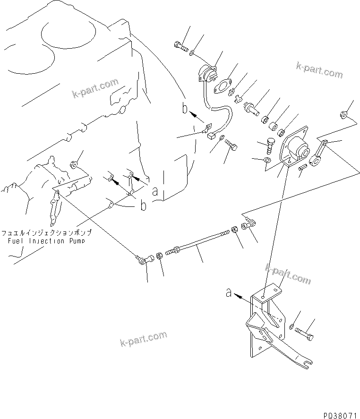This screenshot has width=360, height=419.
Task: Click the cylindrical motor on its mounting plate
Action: (x=298, y=147)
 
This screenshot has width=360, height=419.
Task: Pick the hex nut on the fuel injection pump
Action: (x=73, y=165)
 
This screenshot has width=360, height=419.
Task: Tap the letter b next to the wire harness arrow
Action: (x=185, y=109)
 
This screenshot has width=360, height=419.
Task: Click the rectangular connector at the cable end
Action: (x=211, y=136)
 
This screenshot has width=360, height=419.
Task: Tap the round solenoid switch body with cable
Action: (x=206, y=73)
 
